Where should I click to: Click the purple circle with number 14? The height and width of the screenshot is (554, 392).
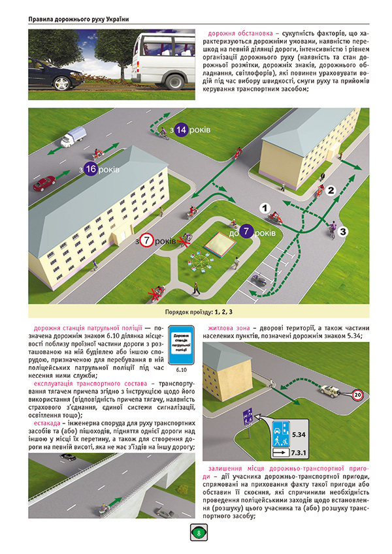(x=181, y=130)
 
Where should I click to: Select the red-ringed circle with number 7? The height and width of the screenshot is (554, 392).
(x=148, y=241)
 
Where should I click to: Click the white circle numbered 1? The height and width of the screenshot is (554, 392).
(x=265, y=208)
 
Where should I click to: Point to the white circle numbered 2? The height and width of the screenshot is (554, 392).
(x=331, y=191)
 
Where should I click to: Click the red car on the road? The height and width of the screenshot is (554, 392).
(x=44, y=183)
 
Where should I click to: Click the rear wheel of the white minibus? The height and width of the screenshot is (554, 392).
(x=174, y=82)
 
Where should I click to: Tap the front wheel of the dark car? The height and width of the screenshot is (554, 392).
(x=59, y=84)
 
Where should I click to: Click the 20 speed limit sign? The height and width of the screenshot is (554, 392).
(x=357, y=395)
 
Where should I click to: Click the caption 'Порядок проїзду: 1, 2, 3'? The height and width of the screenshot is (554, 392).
(x=199, y=311)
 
